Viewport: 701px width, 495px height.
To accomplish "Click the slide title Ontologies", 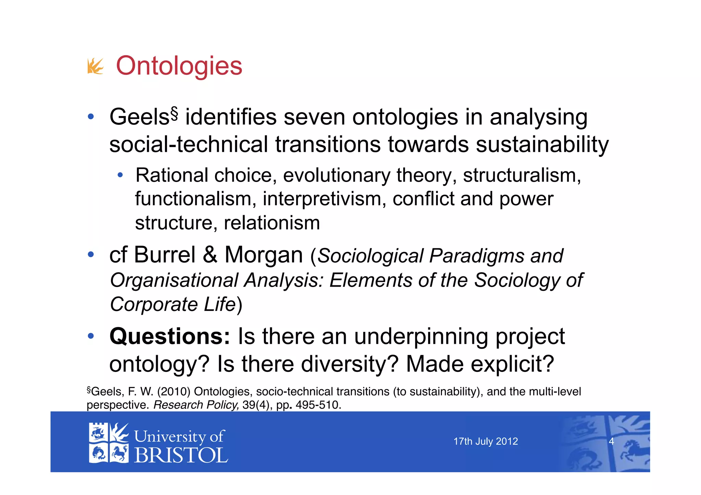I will point(179,66).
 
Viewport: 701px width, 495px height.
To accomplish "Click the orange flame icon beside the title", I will point(95,66).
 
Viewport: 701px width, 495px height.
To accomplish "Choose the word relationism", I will point(272,223).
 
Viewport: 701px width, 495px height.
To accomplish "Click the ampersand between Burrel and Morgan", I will point(210,255).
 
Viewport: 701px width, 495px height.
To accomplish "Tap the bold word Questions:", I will point(170,336).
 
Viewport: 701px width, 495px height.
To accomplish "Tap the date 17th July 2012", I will point(485,441).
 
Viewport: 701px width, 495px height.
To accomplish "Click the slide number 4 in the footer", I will point(611,441).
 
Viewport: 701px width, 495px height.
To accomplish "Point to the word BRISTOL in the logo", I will point(181,455).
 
